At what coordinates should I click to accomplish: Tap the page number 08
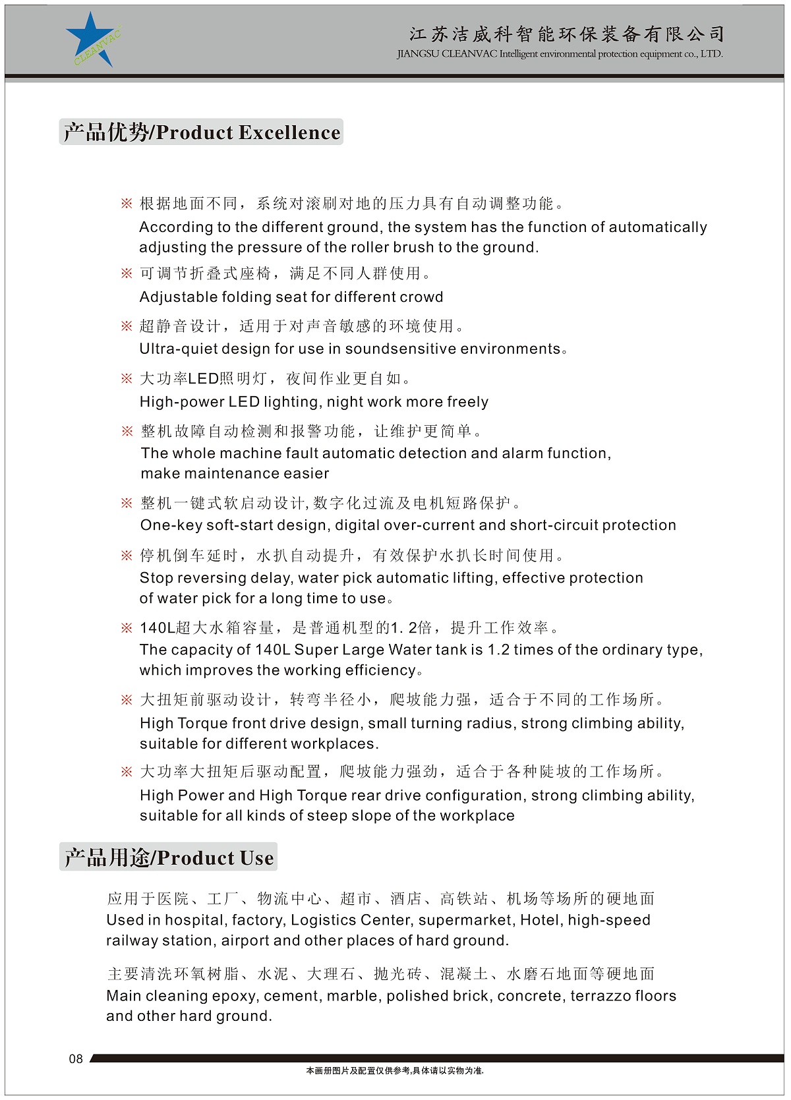[76, 1058]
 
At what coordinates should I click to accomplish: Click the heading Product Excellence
[201, 132]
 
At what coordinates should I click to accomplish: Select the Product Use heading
[169, 857]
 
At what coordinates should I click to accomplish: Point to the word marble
[354, 996]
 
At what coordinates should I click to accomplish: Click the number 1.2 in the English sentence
[498, 650]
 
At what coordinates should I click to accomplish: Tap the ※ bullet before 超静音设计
[127, 326]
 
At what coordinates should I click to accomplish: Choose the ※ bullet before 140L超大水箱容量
[127, 628]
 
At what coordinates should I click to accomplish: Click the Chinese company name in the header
[567, 33]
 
